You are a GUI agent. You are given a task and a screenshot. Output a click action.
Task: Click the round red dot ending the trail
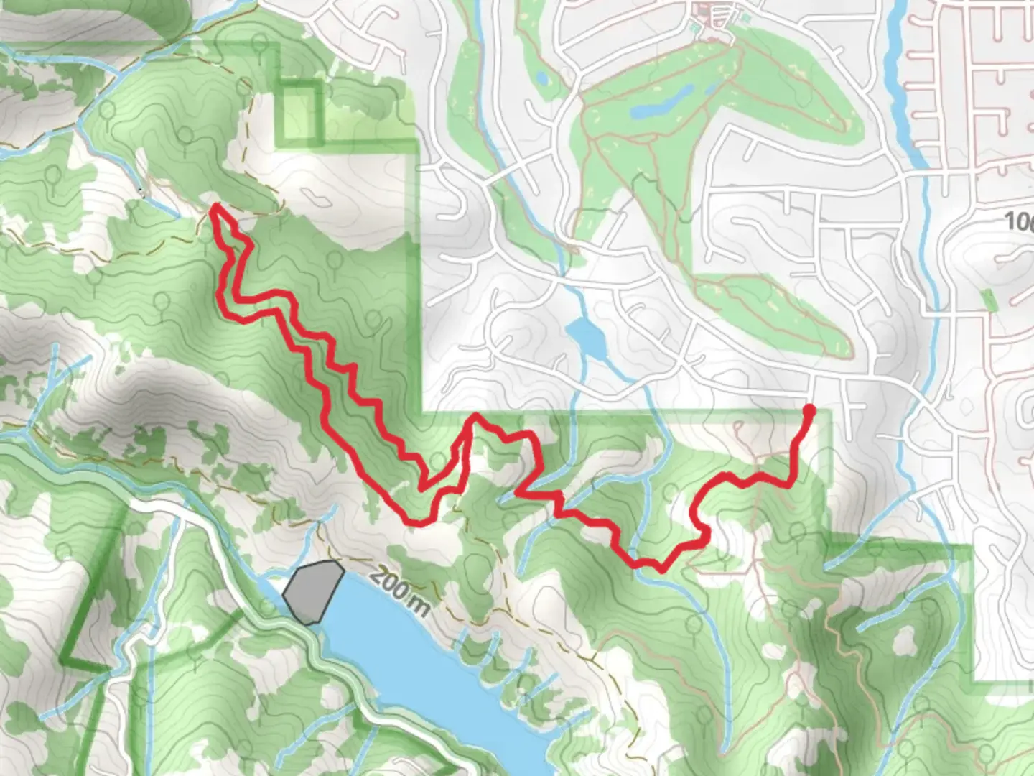coord(809,411)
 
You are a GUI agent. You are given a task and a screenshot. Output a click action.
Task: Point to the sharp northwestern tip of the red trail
coord(214,207)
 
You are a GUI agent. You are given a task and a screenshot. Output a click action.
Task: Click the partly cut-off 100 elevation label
coord(1020,221)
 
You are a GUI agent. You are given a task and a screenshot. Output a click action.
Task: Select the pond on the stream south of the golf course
coord(585,336)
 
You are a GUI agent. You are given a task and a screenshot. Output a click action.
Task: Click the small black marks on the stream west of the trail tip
coord(143,193)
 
